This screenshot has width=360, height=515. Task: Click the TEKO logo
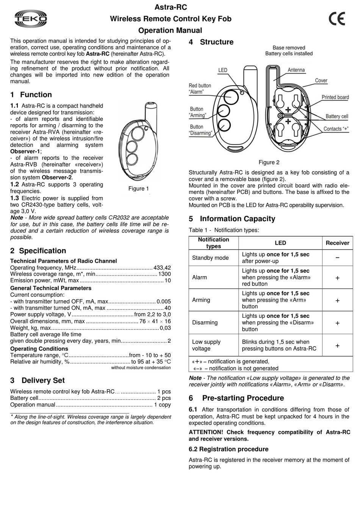pyautogui.click(x=31, y=19)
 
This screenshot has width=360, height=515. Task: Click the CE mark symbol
pyautogui.click(x=337, y=19)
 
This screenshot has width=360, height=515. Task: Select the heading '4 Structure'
pyautogui.click(x=211, y=42)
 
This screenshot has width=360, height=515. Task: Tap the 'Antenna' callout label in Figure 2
pyautogui.click(x=296, y=70)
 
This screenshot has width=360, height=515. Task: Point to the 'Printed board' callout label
pyautogui.click(x=335, y=97)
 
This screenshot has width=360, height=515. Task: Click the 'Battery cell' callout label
pyautogui.click(x=337, y=116)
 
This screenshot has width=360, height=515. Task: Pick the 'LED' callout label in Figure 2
pyautogui.click(x=223, y=70)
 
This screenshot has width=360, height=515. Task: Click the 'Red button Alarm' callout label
pyautogui.click(x=200, y=89)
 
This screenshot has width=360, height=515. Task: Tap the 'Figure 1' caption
pyautogui.click(x=138, y=189)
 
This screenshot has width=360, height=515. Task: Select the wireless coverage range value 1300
pyautogui.click(x=164, y=274)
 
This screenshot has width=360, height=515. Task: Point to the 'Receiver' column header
pyautogui.click(x=337, y=243)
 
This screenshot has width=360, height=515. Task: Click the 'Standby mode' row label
pyautogui.click(x=210, y=258)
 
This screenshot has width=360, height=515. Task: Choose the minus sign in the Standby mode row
pyautogui.click(x=337, y=258)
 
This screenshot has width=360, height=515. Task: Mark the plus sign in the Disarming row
pyautogui.click(x=337, y=323)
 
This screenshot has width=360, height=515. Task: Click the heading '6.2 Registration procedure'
pyautogui.click(x=229, y=449)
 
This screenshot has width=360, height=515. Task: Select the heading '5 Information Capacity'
pyautogui.click(x=232, y=219)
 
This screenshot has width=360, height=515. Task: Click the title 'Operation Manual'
pyautogui.click(x=170, y=31)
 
